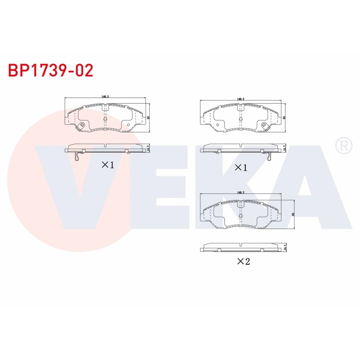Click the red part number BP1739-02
(x=51, y=70)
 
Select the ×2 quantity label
(x=243, y=262)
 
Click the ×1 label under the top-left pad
(x=108, y=165)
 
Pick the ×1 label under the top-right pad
(x=240, y=168)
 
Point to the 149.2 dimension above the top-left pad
(x=106, y=97)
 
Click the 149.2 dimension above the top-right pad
(x=240, y=98)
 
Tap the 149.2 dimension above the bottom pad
(x=240, y=192)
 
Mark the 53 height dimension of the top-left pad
(x=148, y=118)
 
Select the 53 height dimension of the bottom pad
(x=293, y=214)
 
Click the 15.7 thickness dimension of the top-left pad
(x=149, y=148)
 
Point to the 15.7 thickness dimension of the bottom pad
(x=284, y=248)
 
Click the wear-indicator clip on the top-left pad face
(x=81, y=126)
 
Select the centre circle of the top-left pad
(x=105, y=119)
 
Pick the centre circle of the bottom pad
(x=240, y=216)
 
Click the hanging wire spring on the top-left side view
(x=78, y=156)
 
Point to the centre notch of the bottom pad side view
(x=240, y=244)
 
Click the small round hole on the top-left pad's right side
(x=128, y=125)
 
